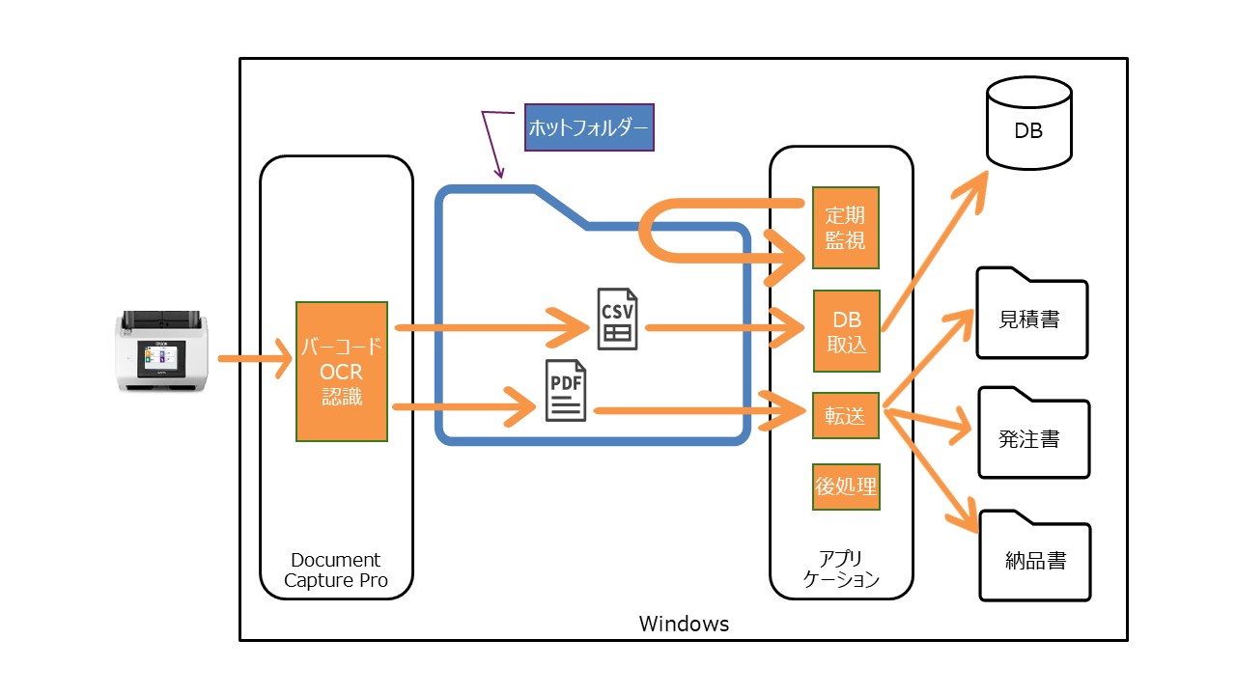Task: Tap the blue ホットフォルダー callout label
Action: [589, 126]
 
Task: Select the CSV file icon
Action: [616, 319]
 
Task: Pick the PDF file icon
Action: [566, 390]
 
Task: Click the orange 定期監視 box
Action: [846, 227]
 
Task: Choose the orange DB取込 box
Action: [847, 331]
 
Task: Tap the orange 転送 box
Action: [845, 416]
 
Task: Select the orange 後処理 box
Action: [846, 486]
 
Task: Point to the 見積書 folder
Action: [1031, 313]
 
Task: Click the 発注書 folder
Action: [1032, 433]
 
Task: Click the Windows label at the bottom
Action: [684, 624]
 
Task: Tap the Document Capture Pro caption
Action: [336, 570]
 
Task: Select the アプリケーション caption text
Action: [841, 570]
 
